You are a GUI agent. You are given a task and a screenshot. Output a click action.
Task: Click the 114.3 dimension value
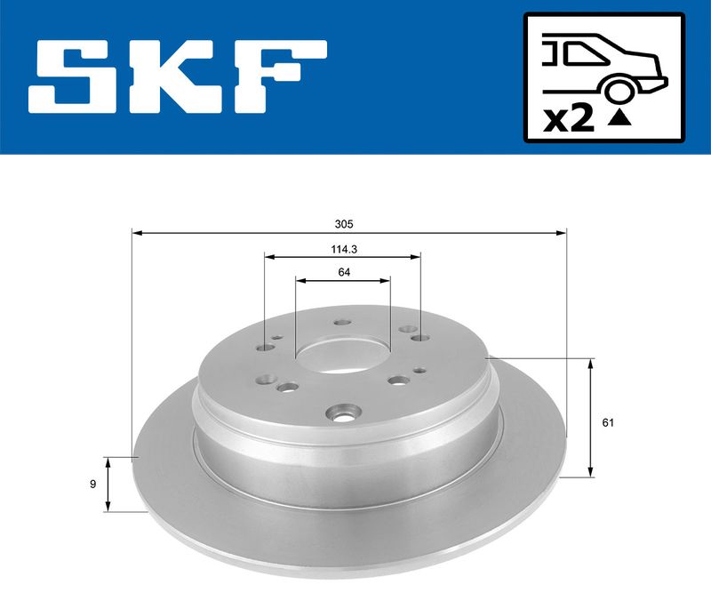coord(342,249)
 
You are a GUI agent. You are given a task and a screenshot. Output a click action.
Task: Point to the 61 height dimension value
coord(608,422)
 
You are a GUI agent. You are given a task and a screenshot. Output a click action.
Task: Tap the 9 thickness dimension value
coord(93,485)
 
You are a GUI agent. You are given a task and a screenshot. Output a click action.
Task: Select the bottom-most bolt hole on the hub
coord(341,413)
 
